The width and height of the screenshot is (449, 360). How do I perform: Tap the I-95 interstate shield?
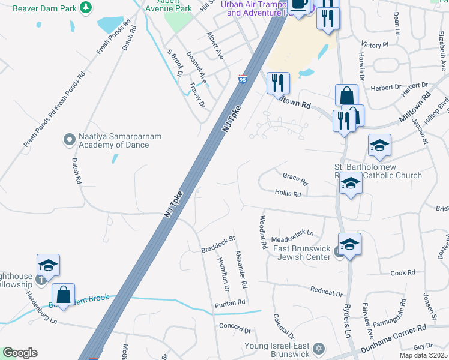(x=242, y=79)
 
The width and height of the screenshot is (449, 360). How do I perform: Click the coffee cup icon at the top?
(x=299, y=5)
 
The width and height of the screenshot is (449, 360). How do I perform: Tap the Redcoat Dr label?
(x=326, y=292)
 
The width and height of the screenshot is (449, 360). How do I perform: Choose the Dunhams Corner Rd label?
(x=393, y=334)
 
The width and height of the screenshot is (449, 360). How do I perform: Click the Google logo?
(x=20, y=353)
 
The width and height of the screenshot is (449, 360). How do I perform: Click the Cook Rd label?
(x=402, y=272)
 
